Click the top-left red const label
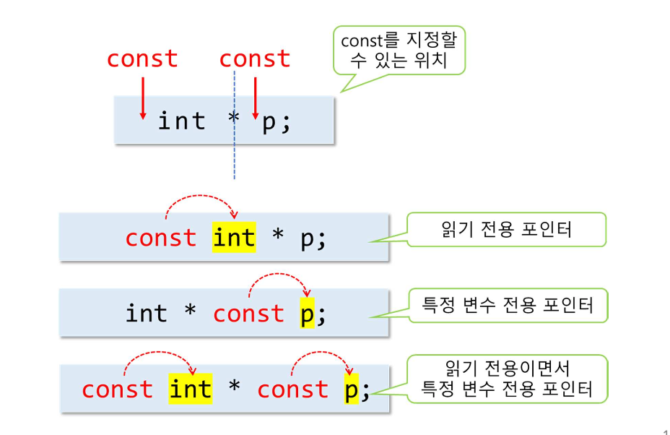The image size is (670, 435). coord(142,59)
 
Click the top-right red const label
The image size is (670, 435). coord(254,59)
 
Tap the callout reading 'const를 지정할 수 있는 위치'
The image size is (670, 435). coord(399,51)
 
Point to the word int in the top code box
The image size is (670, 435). coord(181,121)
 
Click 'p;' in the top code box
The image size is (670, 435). coord(275,121)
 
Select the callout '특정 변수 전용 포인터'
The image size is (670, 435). coord(508,305)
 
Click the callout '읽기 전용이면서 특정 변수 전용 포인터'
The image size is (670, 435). coord(507,379)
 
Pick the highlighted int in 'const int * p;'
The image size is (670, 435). coord(234,238)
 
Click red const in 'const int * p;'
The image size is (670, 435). coord(160,238)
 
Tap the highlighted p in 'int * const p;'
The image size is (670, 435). coord(307,314)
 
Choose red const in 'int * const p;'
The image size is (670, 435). coord(248,314)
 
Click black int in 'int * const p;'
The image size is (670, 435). coord(146,314)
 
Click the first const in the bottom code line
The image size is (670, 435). coord(117,389)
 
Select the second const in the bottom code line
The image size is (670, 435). coord(292,389)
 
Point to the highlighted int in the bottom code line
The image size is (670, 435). coord(190,389)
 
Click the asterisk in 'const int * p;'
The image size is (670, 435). coord(278,238)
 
